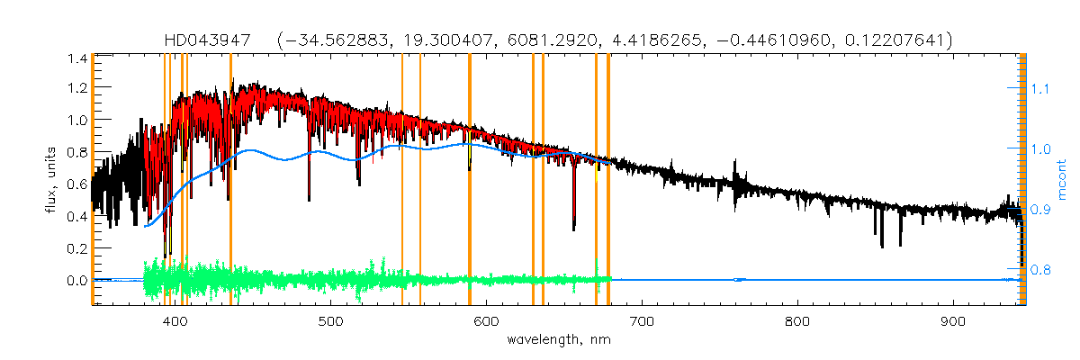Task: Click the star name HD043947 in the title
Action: click(212, 40)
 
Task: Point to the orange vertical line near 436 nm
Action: click(231, 180)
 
